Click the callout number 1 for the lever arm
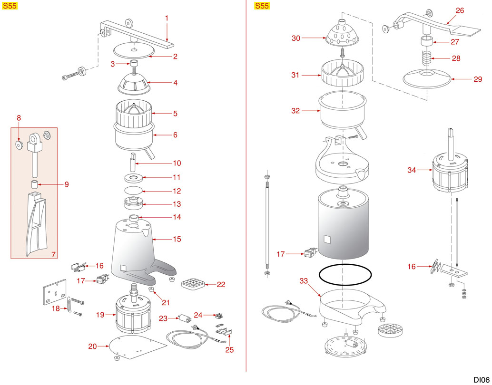167,18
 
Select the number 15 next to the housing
177,239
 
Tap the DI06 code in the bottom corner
481,379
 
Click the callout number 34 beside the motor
412,170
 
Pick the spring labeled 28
426,59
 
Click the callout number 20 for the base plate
93,346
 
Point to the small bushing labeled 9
35,184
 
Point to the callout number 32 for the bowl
296,111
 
